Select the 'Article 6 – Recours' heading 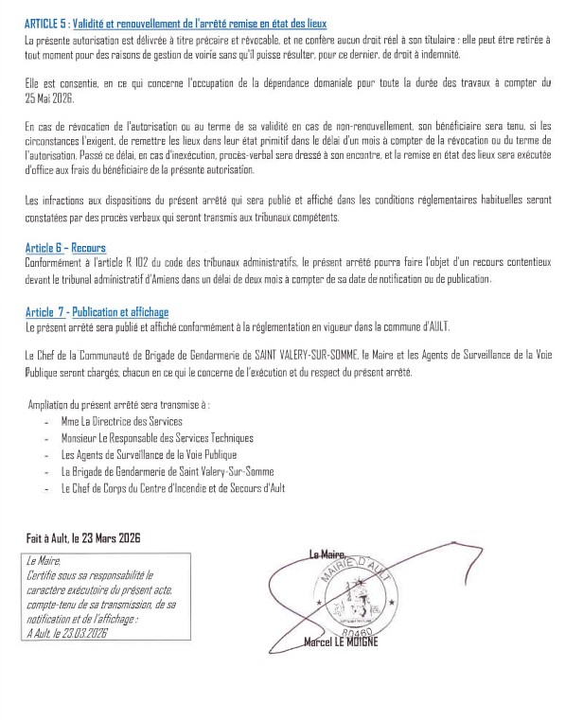pos(64,246)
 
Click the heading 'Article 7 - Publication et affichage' pos(97,311)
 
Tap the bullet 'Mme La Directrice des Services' pos(120,419)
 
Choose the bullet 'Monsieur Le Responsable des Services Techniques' pos(156,437)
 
